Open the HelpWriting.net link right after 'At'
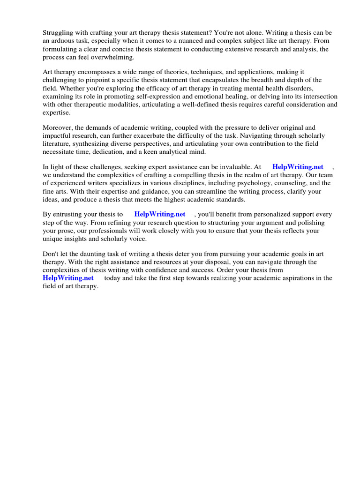pos(298,166)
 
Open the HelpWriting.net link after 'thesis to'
pos(160,214)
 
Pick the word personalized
pos(279,214)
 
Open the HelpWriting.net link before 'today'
pos(68,278)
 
